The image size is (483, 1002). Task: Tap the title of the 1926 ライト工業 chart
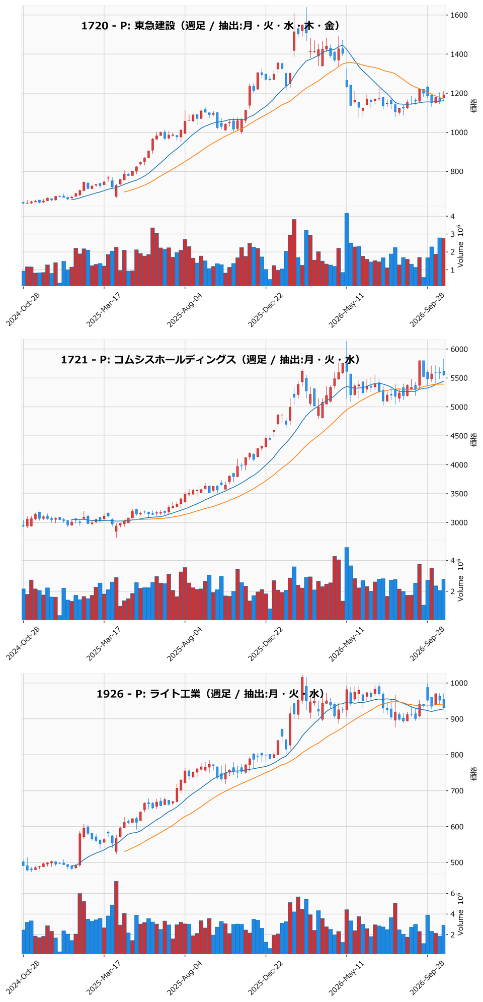click(x=210, y=694)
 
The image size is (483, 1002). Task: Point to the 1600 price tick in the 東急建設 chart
click(x=459, y=15)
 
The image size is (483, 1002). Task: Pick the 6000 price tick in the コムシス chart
click(x=459, y=349)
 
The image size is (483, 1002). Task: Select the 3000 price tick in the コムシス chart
click(x=459, y=523)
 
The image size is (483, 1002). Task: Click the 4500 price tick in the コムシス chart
click(x=459, y=436)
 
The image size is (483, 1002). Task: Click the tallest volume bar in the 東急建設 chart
click(x=347, y=250)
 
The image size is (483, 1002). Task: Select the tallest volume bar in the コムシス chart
click(x=347, y=583)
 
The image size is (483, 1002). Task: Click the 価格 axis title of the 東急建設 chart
click(x=474, y=105)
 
